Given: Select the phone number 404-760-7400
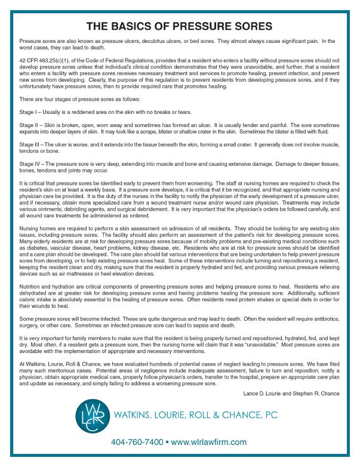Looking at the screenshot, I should pyautogui.click(x=137, y=442).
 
